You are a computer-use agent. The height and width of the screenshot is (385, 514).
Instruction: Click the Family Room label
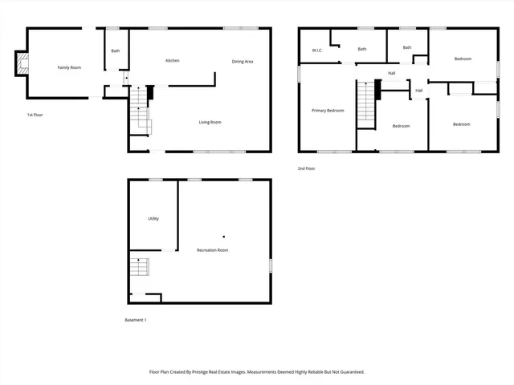(x=69, y=67)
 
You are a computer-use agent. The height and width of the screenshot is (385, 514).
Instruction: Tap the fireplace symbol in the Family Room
(x=22, y=64)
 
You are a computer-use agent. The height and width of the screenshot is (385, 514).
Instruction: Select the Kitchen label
(x=172, y=61)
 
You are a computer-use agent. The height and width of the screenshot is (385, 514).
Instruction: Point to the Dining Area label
(x=243, y=62)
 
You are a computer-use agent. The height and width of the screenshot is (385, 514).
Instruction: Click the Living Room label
(x=210, y=122)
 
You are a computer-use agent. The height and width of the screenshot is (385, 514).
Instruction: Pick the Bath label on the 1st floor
(x=116, y=51)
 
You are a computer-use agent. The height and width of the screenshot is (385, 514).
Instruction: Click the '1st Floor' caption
(x=35, y=115)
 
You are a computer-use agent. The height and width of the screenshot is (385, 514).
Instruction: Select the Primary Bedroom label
(x=328, y=110)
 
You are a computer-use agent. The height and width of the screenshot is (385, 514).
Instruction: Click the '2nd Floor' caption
(x=306, y=168)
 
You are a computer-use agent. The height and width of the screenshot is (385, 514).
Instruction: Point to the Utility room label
(x=153, y=218)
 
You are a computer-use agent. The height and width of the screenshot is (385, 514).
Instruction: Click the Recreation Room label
(x=213, y=250)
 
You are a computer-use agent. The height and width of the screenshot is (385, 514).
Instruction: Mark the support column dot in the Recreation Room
(x=224, y=236)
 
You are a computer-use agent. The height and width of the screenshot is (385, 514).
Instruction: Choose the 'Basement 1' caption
(x=135, y=320)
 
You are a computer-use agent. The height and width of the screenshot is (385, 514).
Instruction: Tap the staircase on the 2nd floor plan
(x=366, y=102)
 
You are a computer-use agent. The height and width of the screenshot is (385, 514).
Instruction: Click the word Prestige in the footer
(x=225, y=372)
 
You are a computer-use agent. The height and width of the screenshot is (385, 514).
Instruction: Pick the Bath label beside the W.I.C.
(x=362, y=49)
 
